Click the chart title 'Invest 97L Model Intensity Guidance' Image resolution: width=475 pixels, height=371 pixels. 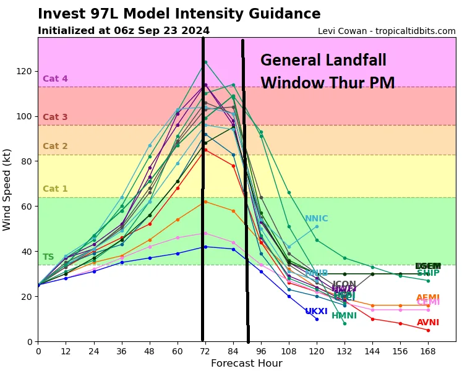coord(179,14)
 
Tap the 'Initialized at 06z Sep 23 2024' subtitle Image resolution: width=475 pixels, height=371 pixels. coord(124,31)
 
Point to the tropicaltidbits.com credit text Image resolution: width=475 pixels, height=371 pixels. coord(387,31)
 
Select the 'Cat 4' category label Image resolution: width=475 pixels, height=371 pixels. coord(55,79)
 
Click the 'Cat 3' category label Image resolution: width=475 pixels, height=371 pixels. coord(55,117)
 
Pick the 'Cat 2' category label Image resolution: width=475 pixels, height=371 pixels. coord(55,147)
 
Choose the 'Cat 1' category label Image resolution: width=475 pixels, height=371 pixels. coord(55,189)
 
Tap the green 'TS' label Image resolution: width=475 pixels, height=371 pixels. coord(48,257)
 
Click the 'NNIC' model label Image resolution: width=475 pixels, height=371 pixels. coord(316,219)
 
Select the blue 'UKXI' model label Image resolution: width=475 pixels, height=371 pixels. coord(316,312)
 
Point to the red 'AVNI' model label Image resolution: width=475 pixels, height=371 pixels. coord(428,323)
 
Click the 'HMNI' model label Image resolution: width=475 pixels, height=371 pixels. coord(344,316)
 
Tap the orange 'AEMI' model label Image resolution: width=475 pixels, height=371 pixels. coord(428,298)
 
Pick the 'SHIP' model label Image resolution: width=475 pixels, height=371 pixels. coord(428,273)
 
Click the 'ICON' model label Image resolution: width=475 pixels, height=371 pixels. coord(344,284)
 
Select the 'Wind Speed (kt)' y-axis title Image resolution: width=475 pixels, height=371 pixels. coord(7,189)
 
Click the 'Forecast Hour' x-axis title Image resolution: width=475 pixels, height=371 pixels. coord(246,364)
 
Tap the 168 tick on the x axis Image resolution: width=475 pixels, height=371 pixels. coord(428,350)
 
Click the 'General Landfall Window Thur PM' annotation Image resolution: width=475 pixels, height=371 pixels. coord(327,72)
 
